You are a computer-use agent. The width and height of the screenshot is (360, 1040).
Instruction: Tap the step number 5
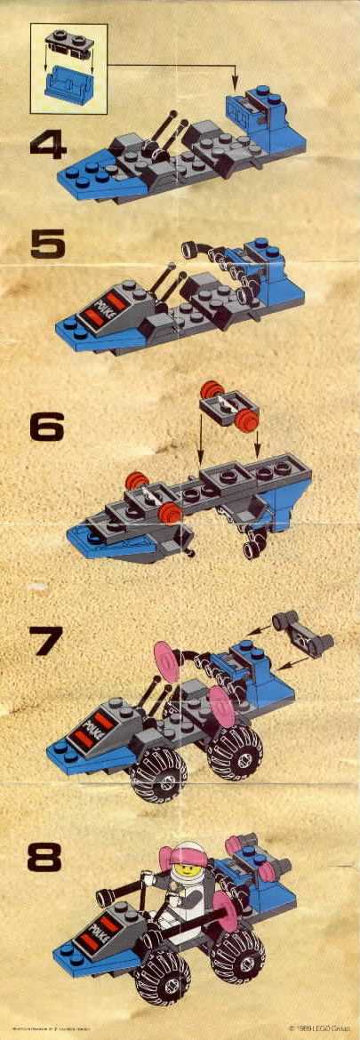[48, 243]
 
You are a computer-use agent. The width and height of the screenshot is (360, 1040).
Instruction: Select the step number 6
[48, 428]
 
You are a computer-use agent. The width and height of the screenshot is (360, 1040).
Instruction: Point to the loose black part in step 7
[303, 632]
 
